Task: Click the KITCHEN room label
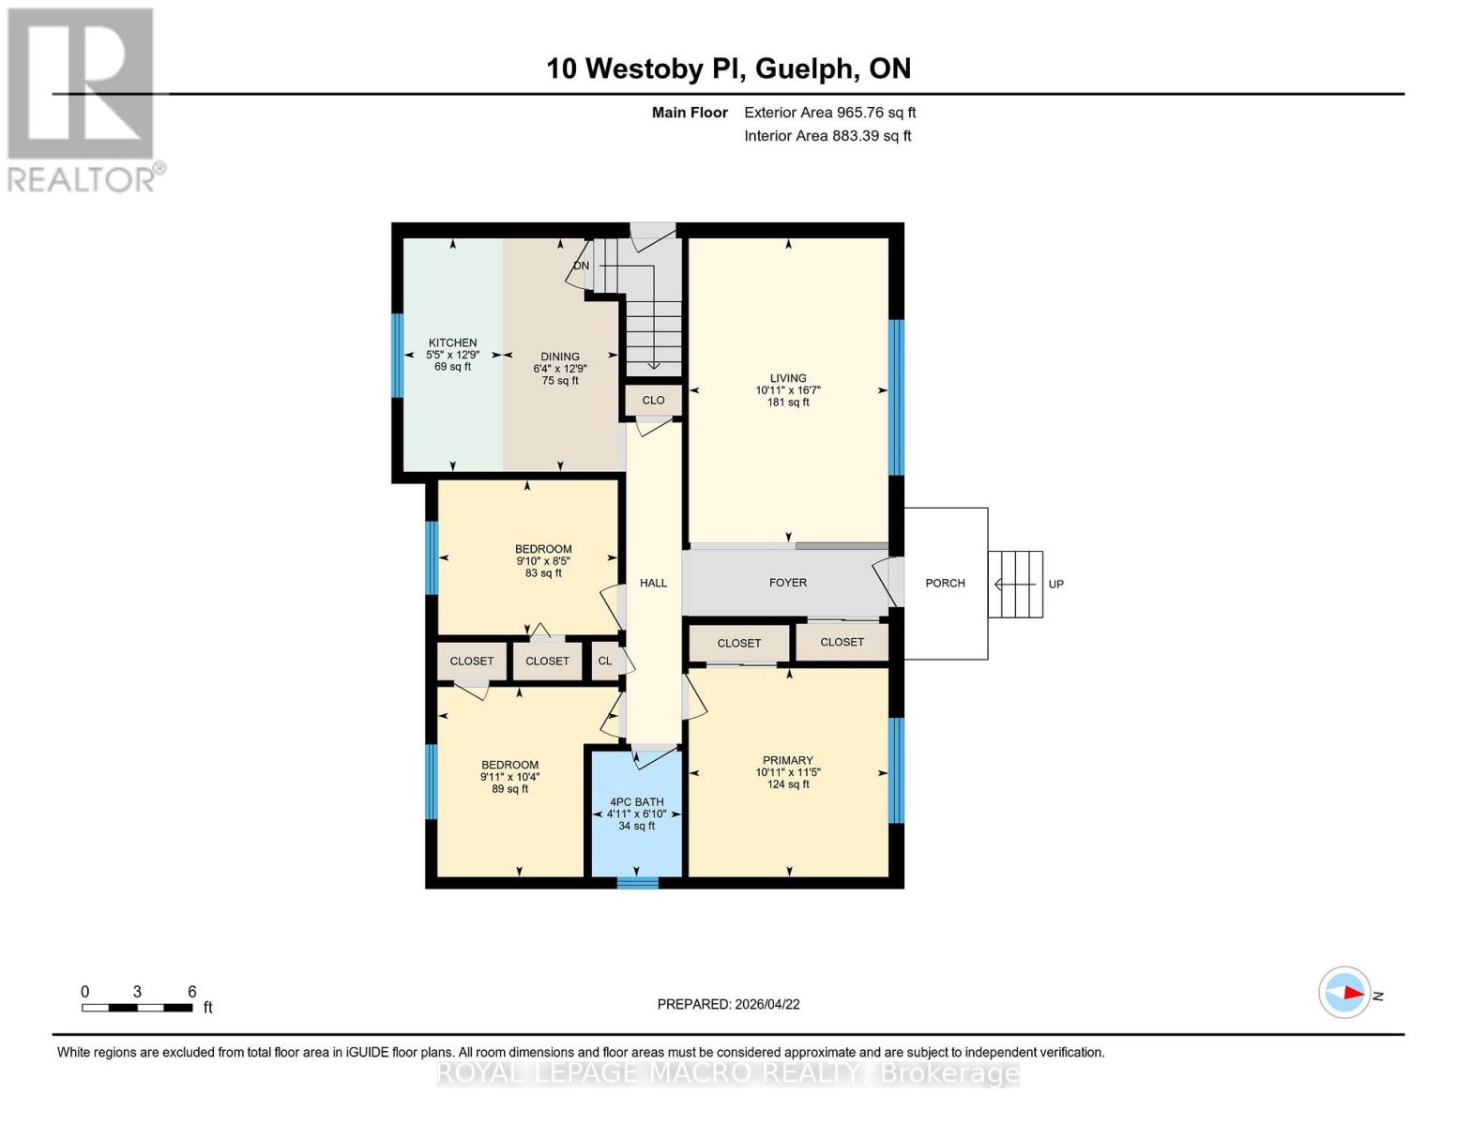point(452,342)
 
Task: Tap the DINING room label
point(560,357)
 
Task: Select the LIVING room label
point(788,378)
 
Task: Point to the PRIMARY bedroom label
point(788,760)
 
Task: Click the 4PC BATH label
point(636,802)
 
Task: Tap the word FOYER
point(788,583)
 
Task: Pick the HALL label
point(653,583)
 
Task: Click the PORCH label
point(945,584)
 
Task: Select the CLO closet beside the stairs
point(653,401)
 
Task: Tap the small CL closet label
point(605,661)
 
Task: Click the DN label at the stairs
point(582,266)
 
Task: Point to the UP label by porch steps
point(1055,585)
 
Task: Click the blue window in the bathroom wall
point(638,883)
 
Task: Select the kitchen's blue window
point(398,356)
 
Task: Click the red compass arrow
point(1354,992)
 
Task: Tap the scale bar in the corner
point(138,1007)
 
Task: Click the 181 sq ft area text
point(788,403)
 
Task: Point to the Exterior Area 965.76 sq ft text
point(829,113)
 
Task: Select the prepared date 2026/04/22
point(767,1004)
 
